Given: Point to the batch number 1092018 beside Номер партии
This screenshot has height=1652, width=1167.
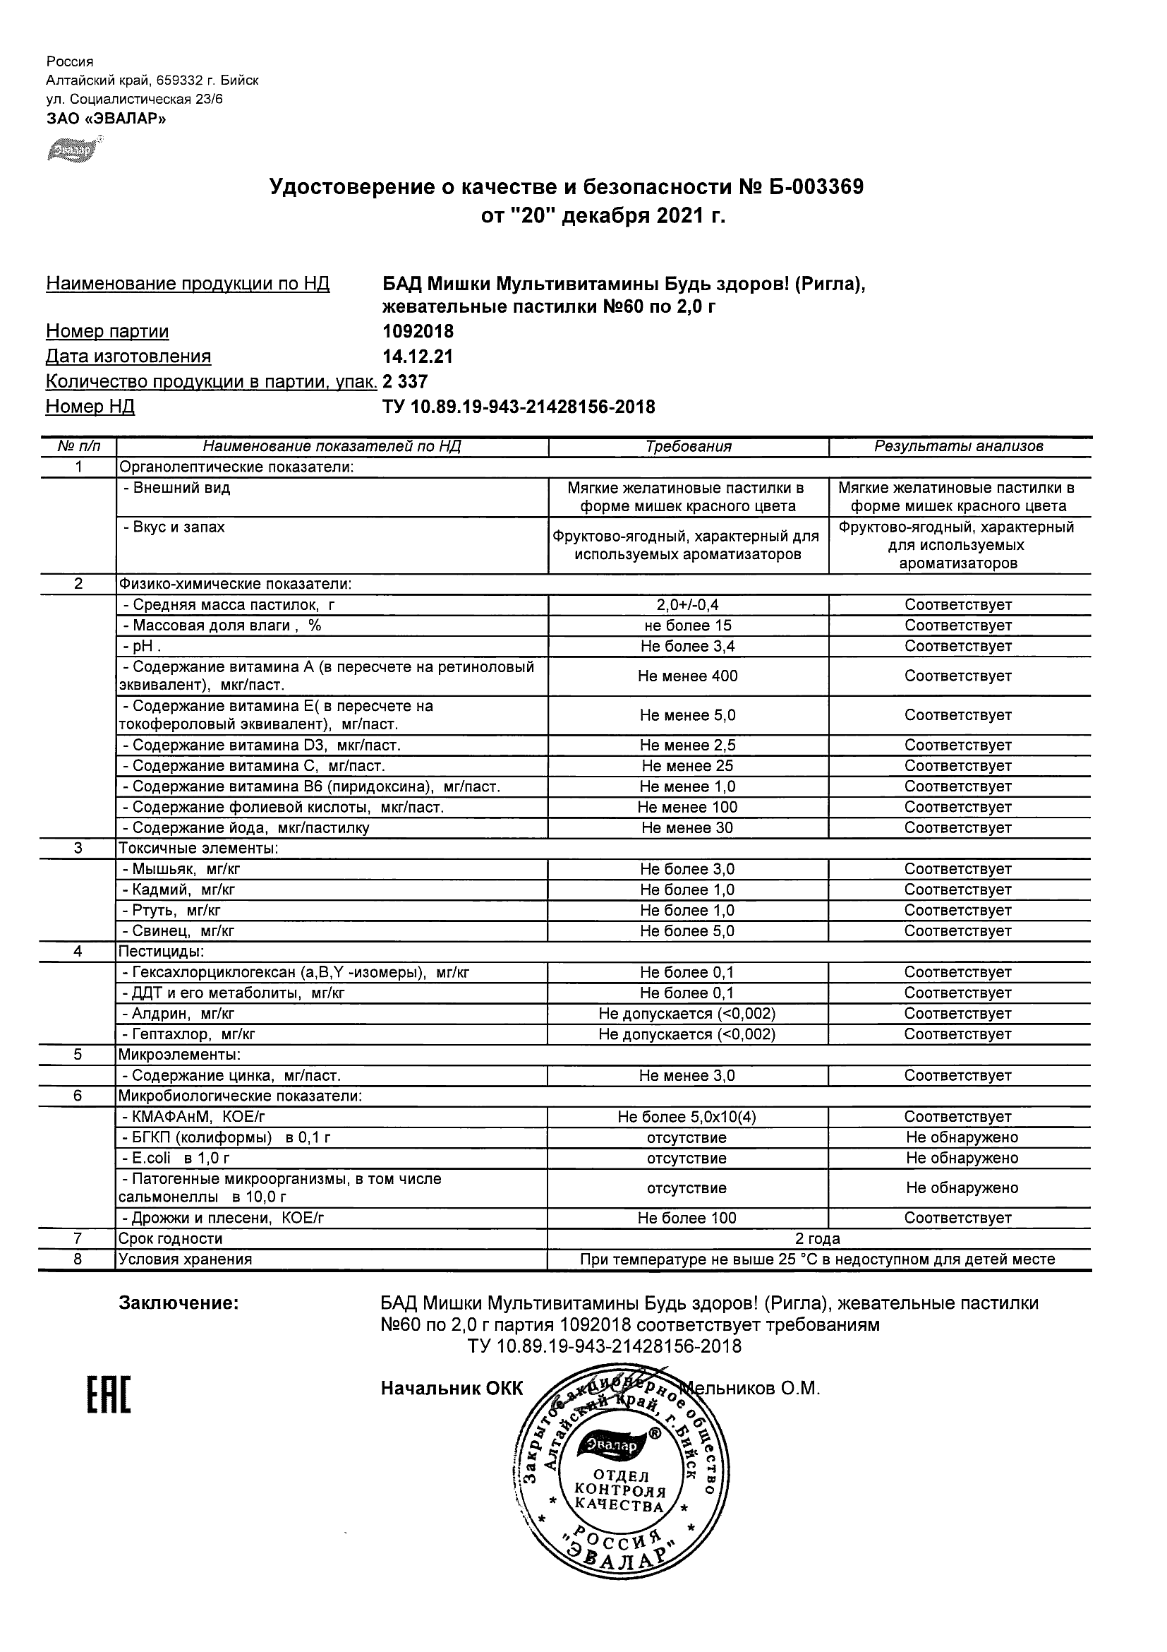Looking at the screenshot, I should pos(418,332).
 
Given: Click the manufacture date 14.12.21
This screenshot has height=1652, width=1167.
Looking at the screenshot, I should pos(417,357).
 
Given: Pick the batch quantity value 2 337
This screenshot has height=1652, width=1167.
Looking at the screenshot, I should pos(406,381).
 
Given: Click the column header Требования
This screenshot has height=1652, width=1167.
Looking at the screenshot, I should pos(688,447).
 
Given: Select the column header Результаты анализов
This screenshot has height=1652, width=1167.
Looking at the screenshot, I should pos(958,447).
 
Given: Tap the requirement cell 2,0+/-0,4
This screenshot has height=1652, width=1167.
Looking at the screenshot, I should pos(688,605).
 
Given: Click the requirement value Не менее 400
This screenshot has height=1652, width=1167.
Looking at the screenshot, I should pos(688,676).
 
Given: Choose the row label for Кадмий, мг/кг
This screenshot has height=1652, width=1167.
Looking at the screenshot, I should pos(179,890).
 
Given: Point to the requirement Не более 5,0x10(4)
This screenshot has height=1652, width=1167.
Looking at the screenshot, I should pos(687,1118).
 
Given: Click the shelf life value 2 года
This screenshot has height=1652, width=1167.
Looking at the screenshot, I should pos(818,1239).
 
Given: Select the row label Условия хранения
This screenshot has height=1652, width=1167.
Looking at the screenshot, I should pos(186,1260).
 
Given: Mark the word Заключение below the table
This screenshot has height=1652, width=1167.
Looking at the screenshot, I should pos(179,1303).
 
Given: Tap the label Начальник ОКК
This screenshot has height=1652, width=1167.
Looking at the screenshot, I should pos(452,1389).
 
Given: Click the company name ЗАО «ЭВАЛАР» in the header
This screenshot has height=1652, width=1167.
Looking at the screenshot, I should pos(107,119).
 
